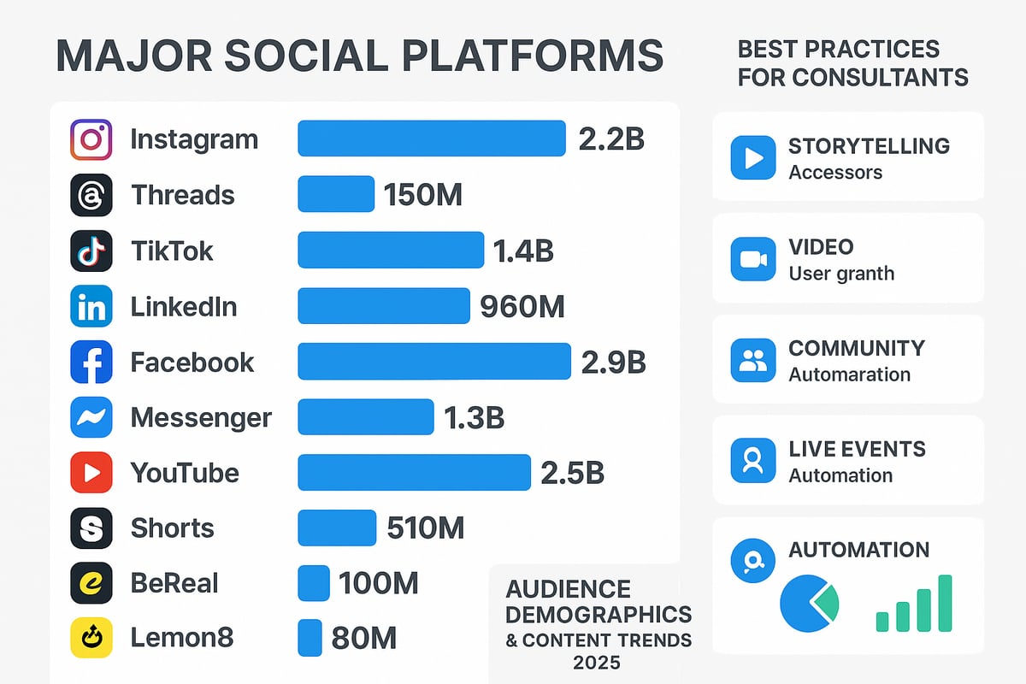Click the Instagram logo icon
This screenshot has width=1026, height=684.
tap(91, 139)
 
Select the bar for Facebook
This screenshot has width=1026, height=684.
tap(433, 361)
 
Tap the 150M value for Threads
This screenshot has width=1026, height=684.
tap(423, 195)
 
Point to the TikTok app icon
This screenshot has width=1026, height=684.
tap(91, 251)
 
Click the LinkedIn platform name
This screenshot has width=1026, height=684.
tap(184, 306)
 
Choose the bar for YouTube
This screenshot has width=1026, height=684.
tap(414, 472)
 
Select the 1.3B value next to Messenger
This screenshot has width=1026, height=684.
tap(474, 417)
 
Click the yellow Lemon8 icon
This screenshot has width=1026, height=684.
tap(91, 638)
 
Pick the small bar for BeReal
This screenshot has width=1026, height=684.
tap(313, 583)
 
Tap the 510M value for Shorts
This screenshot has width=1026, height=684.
tap(425, 528)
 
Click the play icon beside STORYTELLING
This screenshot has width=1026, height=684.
tap(752, 158)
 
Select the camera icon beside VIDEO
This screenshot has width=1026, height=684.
tap(752, 259)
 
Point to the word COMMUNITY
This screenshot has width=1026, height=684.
tap(857, 348)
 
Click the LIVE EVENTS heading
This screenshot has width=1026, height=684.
tap(857, 449)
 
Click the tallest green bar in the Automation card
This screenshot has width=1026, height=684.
tap(945, 603)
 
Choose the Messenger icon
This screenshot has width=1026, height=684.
tap(91, 417)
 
